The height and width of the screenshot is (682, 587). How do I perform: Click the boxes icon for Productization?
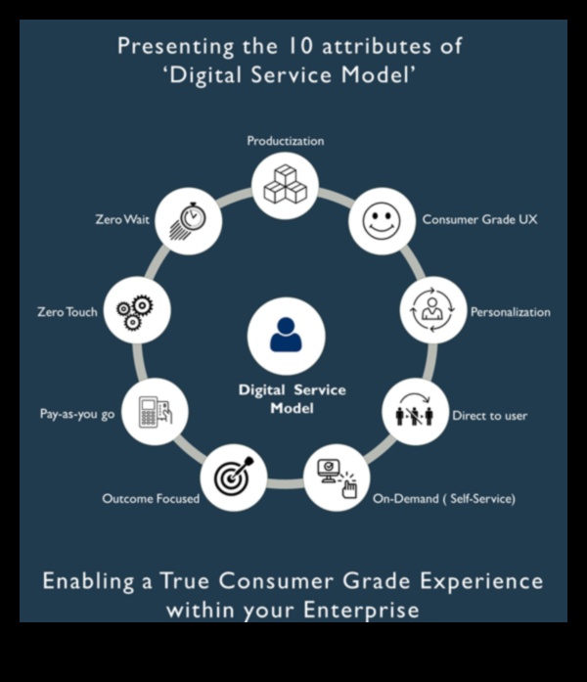tap(286, 184)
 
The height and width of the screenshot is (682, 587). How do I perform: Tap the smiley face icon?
tap(382, 220)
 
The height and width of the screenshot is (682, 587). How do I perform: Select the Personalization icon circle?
tap(432, 311)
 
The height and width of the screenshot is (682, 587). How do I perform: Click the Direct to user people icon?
tap(414, 410)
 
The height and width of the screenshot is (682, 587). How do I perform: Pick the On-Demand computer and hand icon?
tap(338, 477)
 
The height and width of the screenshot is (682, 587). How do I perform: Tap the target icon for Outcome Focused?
tap(234, 477)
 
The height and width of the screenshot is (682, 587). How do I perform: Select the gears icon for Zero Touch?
tap(136, 311)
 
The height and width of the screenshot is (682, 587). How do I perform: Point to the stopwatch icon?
tap(188, 220)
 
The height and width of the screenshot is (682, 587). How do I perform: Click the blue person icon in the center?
tap(286, 333)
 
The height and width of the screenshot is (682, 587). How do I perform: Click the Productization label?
tap(286, 141)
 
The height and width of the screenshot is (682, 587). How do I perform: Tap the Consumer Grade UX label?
tap(479, 220)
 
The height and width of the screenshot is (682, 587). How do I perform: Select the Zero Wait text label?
tap(122, 220)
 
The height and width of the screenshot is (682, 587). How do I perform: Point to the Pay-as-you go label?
tap(77, 415)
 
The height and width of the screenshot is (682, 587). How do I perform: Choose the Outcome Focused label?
tap(151, 499)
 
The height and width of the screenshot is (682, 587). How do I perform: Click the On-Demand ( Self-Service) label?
tap(443, 499)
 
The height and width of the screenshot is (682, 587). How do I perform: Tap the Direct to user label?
tap(489, 416)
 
